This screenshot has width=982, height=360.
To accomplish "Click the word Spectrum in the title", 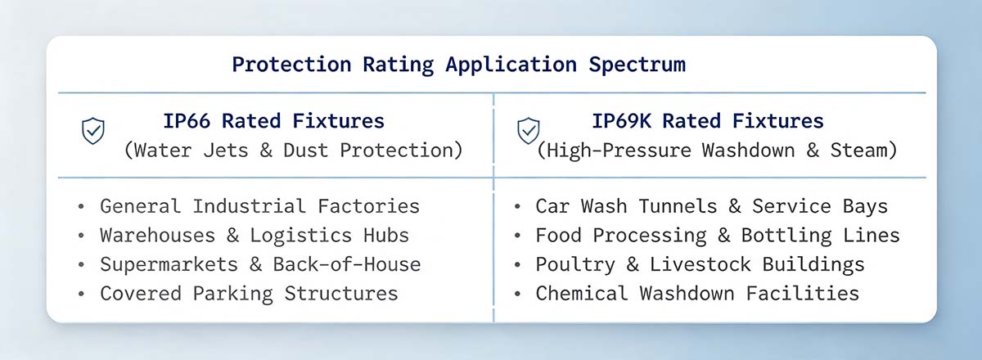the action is click(x=637, y=65).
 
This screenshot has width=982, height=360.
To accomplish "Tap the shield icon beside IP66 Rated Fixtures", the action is click(x=93, y=131).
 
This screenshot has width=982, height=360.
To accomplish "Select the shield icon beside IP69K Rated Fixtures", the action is click(x=529, y=131).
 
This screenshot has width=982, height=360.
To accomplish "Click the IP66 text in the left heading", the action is click(x=187, y=121).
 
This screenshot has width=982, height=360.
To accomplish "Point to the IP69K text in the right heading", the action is click(x=622, y=121).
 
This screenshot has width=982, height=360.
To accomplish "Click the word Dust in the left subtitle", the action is click(x=305, y=151).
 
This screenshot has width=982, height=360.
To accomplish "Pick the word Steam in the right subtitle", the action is click(x=858, y=151).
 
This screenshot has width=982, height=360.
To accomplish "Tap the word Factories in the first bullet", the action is click(x=369, y=206).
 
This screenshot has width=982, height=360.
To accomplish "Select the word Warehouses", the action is click(x=157, y=236).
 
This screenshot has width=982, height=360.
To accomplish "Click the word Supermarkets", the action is click(x=169, y=265).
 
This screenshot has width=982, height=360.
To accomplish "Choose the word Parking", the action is click(x=232, y=294).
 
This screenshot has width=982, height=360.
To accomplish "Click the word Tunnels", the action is click(x=678, y=206).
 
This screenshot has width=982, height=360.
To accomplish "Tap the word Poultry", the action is click(x=575, y=265).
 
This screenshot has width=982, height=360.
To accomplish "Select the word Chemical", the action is click(x=581, y=294).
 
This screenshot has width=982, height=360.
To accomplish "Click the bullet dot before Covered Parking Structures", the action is click(x=81, y=294).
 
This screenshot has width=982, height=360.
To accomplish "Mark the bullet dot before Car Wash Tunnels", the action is click(x=517, y=206).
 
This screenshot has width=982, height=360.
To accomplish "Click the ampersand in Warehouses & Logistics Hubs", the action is click(x=232, y=236).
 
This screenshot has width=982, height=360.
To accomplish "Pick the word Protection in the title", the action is click(x=291, y=65).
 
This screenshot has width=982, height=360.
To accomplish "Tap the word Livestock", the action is click(x=700, y=265).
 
